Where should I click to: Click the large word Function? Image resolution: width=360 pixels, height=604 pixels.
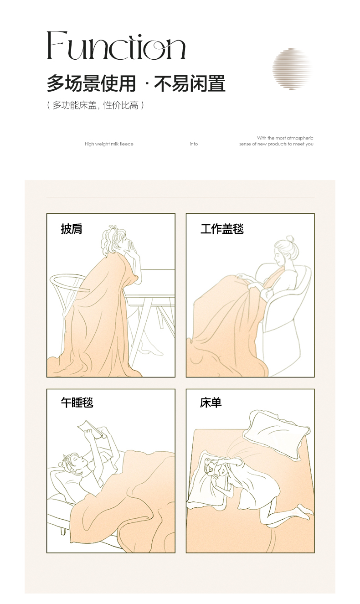[116, 45]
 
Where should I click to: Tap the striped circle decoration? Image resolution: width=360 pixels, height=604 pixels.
[293, 69]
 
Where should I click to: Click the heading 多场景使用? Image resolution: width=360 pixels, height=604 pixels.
[91, 83]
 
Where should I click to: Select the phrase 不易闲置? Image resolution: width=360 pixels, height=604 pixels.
[190, 83]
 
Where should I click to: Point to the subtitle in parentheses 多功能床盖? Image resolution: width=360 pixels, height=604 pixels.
[74, 105]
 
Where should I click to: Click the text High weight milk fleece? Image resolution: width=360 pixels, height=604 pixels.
[109, 144]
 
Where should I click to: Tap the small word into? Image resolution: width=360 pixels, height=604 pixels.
[194, 144]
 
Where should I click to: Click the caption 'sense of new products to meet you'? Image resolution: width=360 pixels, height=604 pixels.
[276, 144]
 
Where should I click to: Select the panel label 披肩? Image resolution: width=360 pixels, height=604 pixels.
[72, 229]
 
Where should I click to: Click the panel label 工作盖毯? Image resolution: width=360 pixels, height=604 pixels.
[222, 229]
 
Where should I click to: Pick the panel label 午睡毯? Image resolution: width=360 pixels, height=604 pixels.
[77, 403]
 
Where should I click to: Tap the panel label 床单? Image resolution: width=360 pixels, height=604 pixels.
[211, 403]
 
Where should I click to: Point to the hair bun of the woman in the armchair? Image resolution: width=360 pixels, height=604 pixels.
[291, 239]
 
